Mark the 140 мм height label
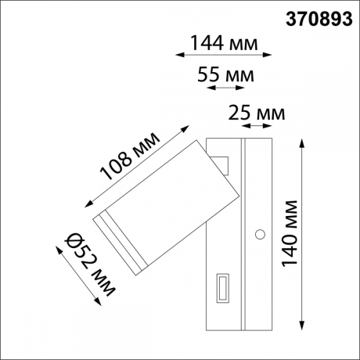pyautogui.click(x=290, y=232)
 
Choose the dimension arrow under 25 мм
pyautogui.click(x=257, y=125)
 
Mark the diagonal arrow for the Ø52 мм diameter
pyautogui.click(x=82, y=277)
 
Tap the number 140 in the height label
pyautogui.click(x=290, y=248)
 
